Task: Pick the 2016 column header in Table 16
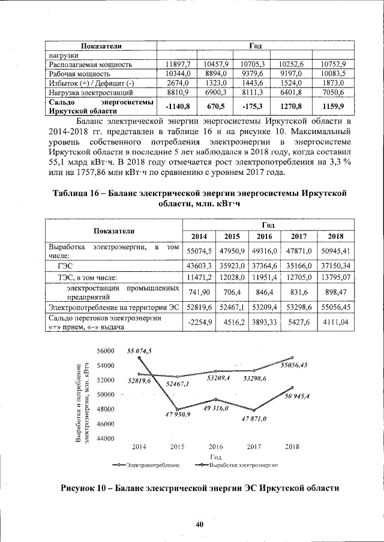pos(266,236)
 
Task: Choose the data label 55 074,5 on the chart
pos(139,351)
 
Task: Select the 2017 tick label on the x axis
pos(254,447)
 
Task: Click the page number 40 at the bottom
pos(199,525)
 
